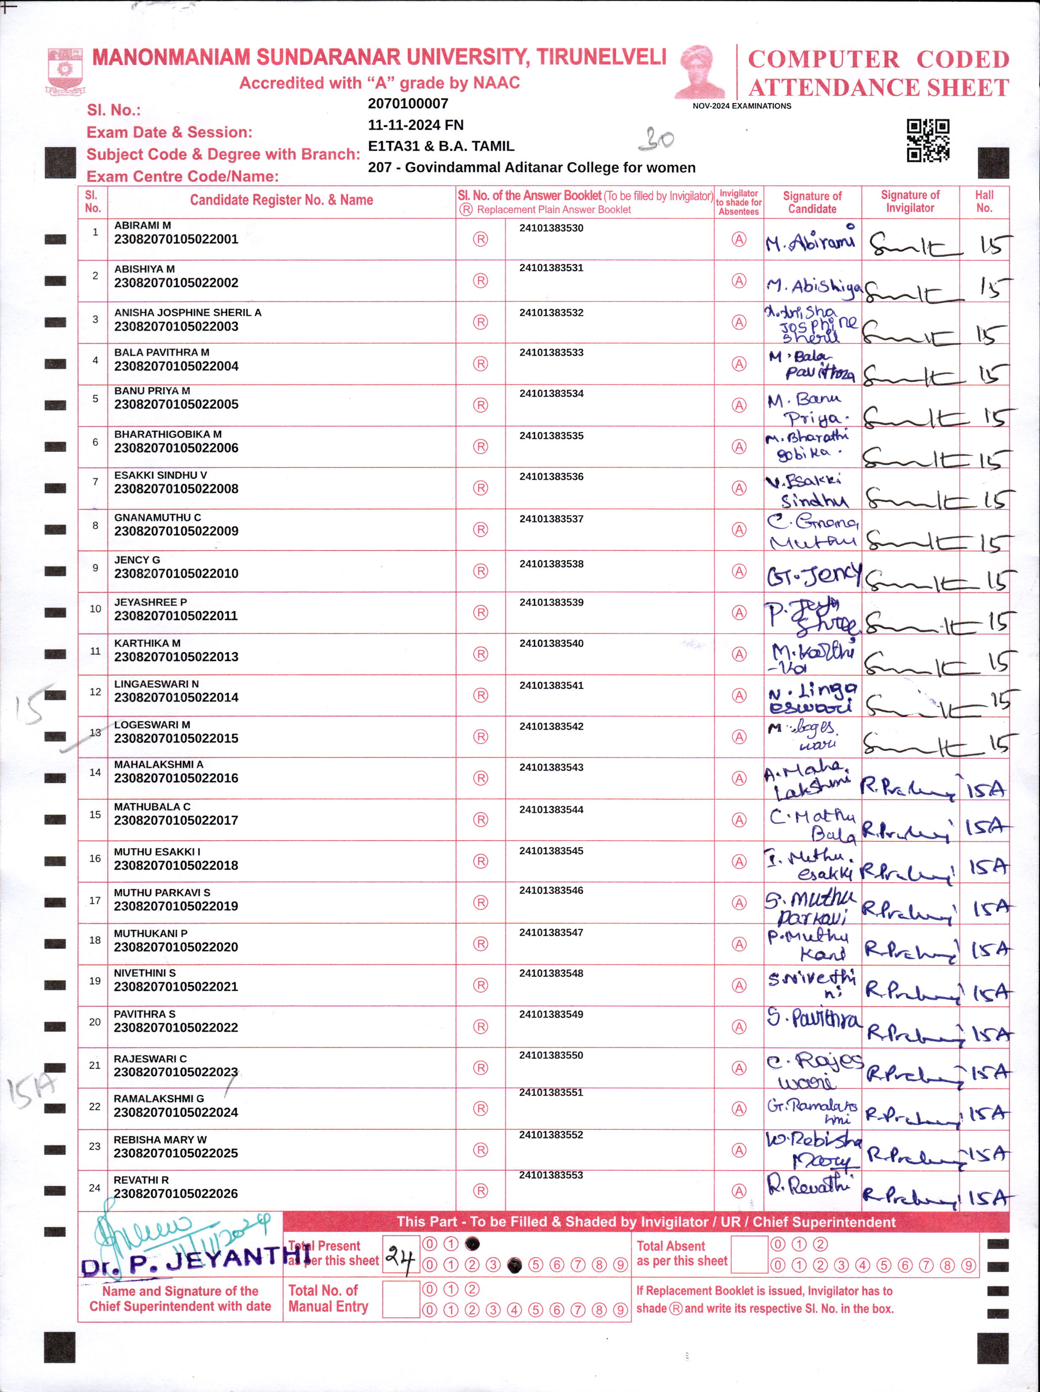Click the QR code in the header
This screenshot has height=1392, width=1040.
(x=927, y=140)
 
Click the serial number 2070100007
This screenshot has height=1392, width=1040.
(x=407, y=104)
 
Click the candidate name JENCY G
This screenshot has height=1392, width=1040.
(x=137, y=559)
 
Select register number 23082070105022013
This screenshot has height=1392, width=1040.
(x=176, y=656)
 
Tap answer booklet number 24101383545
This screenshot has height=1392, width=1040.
(x=551, y=851)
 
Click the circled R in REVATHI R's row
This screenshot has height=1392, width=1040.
(x=481, y=1190)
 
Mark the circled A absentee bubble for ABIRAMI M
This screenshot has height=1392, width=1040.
(x=739, y=239)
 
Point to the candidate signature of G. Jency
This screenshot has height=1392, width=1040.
(x=812, y=574)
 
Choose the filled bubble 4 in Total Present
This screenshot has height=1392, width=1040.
(x=515, y=1265)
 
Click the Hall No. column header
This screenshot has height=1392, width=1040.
(x=984, y=202)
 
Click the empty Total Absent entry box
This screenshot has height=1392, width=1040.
(x=749, y=1254)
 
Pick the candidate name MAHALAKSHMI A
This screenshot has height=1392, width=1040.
(x=158, y=764)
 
